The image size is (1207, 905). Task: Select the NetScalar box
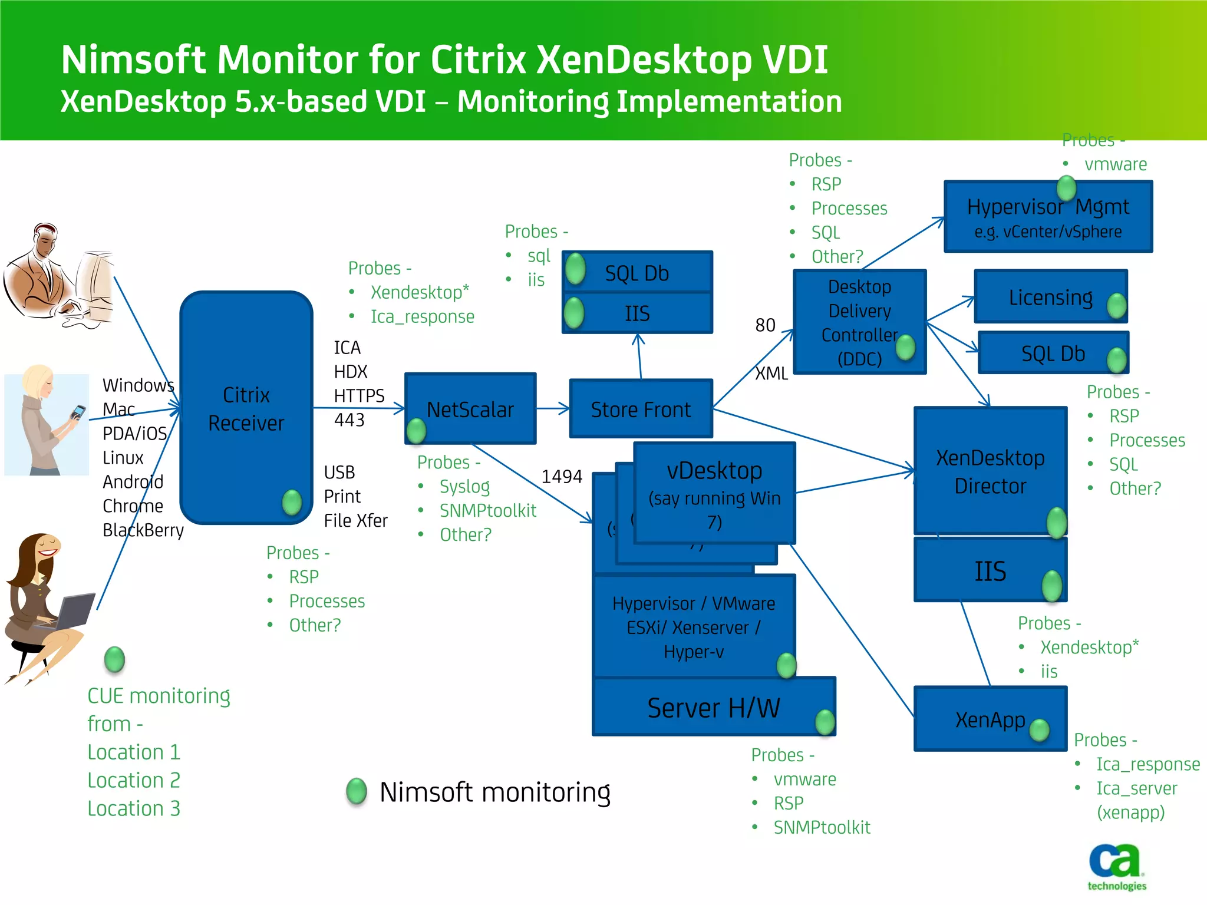pyautogui.click(x=470, y=409)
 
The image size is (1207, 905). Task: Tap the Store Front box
pyautogui.click(x=641, y=409)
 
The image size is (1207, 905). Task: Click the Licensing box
pyautogui.click(x=1050, y=297)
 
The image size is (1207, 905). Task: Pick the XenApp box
pyautogui.click(x=990, y=719)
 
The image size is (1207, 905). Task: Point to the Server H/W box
pyautogui.click(x=713, y=707)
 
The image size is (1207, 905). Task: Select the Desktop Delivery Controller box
pyautogui.click(x=859, y=322)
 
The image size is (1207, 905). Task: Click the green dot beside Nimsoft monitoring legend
pyautogui.click(x=357, y=791)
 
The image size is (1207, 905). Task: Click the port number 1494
pyautogui.click(x=562, y=476)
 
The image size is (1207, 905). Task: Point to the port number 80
pyautogui.click(x=765, y=325)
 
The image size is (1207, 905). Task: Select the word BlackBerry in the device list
pyautogui.click(x=143, y=530)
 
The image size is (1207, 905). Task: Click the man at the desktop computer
pyautogui.click(x=58, y=276)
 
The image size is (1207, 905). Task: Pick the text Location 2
pyautogui.click(x=134, y=780)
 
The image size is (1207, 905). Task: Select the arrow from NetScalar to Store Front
pyautogui.click(x=553, y=408)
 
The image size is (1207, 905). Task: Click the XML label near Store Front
pyautogui.click(x=771, y=373)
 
